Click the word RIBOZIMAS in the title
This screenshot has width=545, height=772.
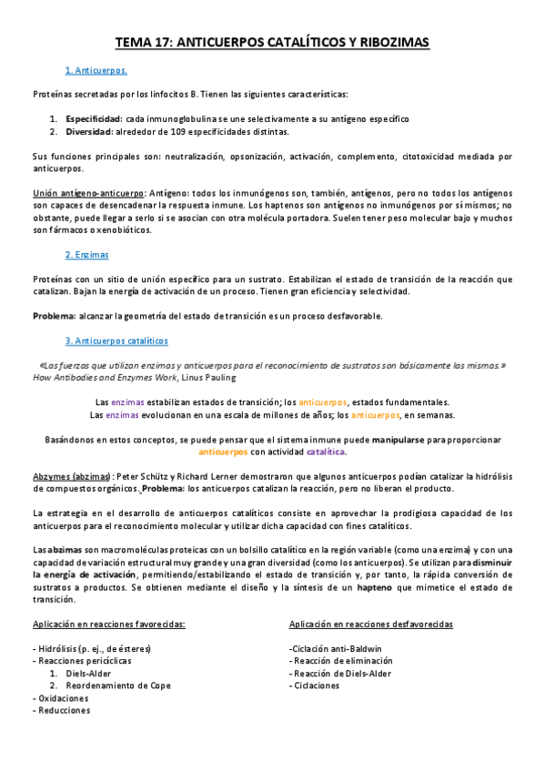click(385, 42)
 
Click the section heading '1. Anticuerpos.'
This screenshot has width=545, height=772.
click(96, 70)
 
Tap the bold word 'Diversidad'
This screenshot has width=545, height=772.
click(92, 131)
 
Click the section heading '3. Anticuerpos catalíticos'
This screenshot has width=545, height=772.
click(116, 340)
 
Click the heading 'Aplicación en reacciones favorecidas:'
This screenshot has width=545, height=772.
click(108, 624)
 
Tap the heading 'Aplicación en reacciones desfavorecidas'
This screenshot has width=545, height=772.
click(370, 624)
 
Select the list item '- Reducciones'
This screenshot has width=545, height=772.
click(61, 711)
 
